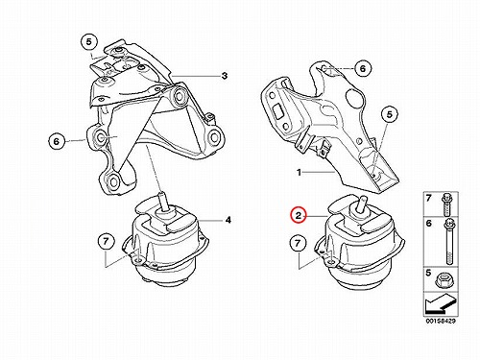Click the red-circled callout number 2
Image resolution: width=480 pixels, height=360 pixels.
299,216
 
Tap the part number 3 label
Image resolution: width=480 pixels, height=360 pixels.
225,76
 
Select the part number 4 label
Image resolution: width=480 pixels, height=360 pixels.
228,220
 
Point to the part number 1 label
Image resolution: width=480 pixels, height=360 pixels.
299,173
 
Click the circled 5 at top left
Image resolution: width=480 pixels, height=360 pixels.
88,41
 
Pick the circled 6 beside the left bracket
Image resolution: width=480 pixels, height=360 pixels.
57,141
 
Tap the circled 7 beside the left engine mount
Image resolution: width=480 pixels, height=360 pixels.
106,241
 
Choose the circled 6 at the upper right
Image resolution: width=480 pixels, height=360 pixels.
362,68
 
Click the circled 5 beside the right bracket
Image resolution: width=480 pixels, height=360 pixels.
389,114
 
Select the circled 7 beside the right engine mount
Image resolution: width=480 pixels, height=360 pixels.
298,243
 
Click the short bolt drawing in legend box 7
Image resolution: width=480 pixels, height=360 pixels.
446,204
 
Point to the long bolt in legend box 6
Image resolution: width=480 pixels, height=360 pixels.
448,241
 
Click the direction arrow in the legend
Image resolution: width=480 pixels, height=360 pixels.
440,304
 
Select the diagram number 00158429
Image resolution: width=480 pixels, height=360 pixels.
441,321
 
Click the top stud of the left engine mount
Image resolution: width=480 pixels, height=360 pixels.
163,201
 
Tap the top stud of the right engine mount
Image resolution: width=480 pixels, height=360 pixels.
362,204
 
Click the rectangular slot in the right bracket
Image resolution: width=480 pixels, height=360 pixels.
276,112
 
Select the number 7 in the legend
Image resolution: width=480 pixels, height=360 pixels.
429,199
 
